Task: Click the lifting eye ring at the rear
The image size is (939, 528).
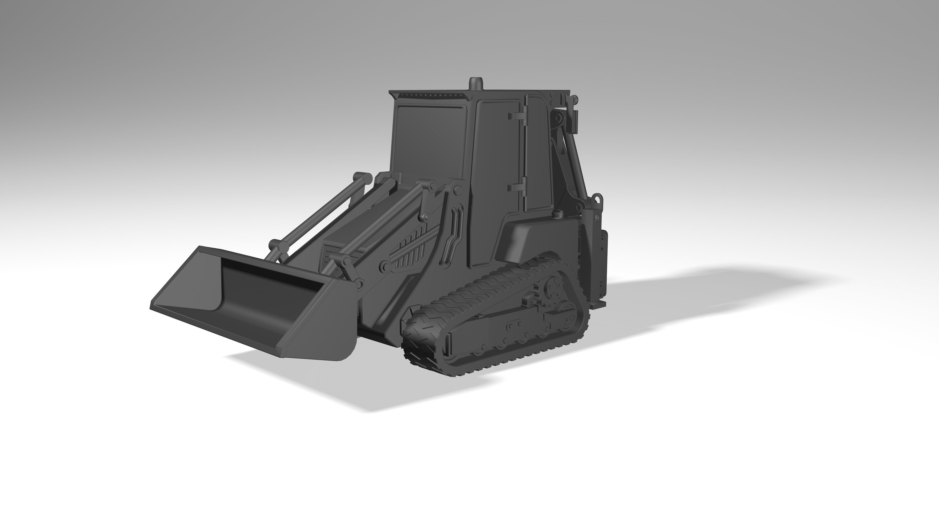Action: pos(598,198)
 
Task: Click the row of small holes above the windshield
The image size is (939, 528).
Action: pos(430,96)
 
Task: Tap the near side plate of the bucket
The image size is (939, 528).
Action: pos(321,321)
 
